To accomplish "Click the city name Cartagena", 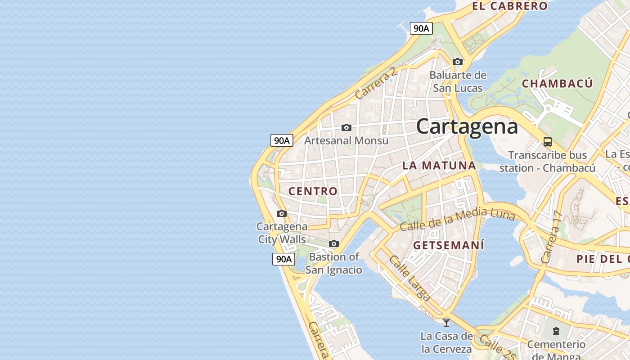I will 467,126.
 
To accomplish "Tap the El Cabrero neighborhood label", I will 509,6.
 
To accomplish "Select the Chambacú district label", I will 557,83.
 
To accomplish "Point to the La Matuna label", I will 439,165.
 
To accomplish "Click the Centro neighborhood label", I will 313,191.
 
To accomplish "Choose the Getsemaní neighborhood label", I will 449,245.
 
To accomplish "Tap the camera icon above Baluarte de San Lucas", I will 458,62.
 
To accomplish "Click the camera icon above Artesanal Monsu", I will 346,127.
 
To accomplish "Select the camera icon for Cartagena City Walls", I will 282,213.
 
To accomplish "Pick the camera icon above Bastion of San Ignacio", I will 333,243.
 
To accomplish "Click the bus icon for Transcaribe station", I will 548,142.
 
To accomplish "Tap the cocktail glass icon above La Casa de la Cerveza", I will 446,322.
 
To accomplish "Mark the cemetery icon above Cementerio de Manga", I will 556,331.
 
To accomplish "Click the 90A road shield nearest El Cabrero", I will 421,28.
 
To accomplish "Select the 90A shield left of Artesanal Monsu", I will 282,140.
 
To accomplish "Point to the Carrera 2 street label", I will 375,83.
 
